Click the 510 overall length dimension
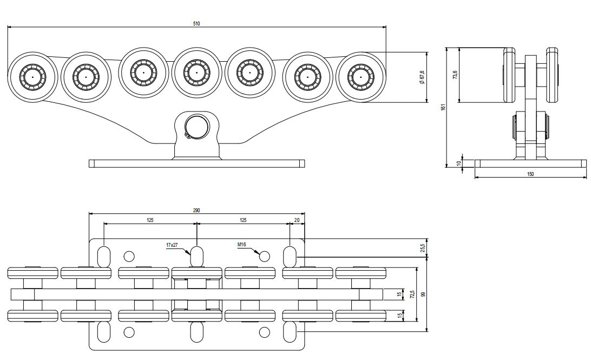pos(196,23)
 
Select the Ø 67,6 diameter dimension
pos(422,76)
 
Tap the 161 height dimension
pos(443,107)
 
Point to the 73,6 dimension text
pos(455,75)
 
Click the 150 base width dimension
pos(530,174)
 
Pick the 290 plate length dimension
pos(196,210)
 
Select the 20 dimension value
pos(297,220)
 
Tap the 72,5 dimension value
pos(412,294)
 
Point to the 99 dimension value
pos(423,294)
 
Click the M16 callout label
pos(242,245)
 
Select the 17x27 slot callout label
pos(172,245)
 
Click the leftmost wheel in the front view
pos(32,77)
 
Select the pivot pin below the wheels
pos(195,127)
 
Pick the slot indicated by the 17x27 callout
pos(196,256)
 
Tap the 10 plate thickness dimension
pos(459,163)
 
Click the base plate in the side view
pos(530,163)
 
